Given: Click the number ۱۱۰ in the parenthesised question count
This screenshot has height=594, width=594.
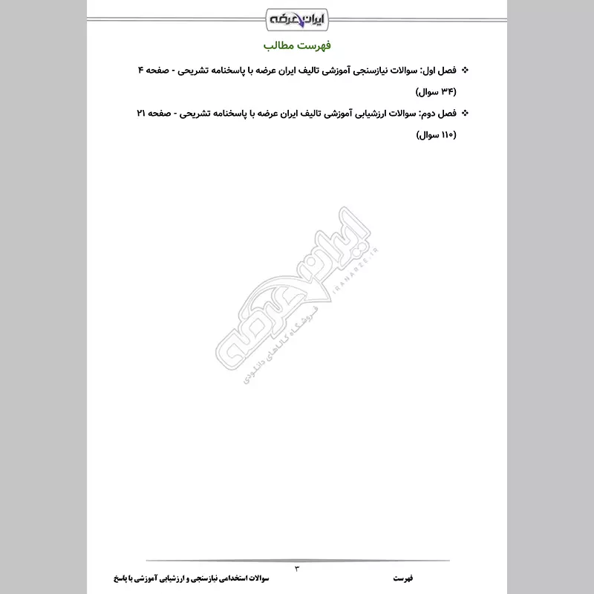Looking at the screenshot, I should pyautogui.click(x=447, y=136).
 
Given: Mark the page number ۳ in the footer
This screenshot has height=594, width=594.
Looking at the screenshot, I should pyautogui.click(x=297, y=569).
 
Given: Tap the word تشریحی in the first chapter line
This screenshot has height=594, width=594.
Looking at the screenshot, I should pyautogui.click(x=195, y=71).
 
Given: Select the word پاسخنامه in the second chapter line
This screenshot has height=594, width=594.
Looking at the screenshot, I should pyautogui.click(x=233, y=114).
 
